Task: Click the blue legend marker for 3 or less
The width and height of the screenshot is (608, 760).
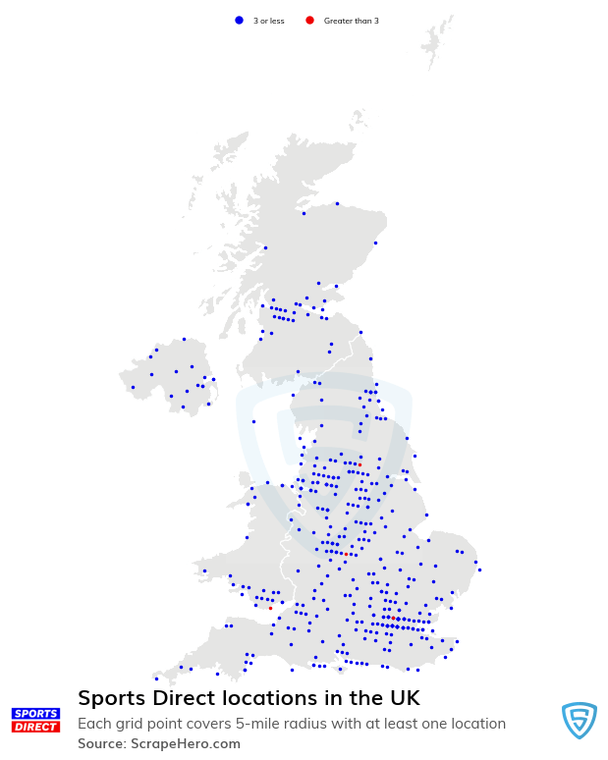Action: pyautogui.click(x=239, y=20)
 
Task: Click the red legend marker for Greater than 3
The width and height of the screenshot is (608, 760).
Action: pyautogui.click(x=309, y=20)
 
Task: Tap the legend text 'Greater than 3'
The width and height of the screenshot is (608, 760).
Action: pyautogui.click(x=351, y=21)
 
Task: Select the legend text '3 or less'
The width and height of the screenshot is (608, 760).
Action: pyautogui.click(x=268, y=21)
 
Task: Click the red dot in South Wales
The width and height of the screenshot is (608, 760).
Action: pyautogui.click(x=270, y=608)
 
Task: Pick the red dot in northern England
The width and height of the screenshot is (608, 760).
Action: pyautogui.click(x=359, y=464)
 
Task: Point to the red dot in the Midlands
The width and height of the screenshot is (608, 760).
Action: pyautogui.click(x=347, y=554)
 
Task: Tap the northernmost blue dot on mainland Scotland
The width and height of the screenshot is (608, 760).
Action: pyautogui.click(x=337, y=204)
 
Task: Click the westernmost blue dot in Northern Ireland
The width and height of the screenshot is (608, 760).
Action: pyautogui.click(x=133, y=387)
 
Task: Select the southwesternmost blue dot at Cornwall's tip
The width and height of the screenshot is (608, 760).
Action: pyautogui.click(x=155, y=679)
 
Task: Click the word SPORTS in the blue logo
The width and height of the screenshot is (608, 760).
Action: pyautogui.click(x=35, y=713)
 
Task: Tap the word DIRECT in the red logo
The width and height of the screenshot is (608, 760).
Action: pyautogui.click(x=35, y=727)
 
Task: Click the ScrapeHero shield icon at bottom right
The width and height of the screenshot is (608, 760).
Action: pyautogui.click(x=579, y=720)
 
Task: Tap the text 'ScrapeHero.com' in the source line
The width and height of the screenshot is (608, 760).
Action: pyautogui.click(x=186, y=743)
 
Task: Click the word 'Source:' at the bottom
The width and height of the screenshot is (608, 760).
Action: pyautogui.click(x=102, y=743)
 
